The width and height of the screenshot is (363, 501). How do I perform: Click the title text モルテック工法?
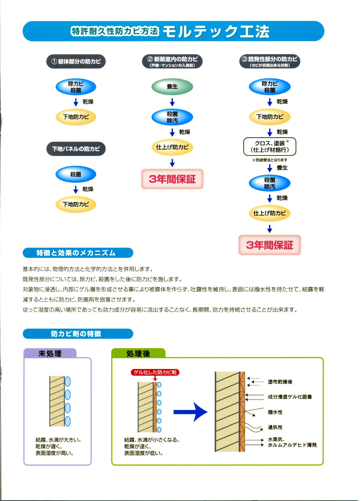click(216, 32)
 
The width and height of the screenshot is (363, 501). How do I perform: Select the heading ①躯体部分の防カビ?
click(76, 61)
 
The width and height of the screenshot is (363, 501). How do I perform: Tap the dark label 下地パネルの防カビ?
click(76, 149)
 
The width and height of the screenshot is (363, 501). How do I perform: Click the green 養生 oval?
click(172, 86)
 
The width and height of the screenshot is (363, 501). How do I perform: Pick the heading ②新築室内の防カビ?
click(172, 61)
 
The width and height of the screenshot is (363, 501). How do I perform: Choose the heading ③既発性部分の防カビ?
click(270, 61)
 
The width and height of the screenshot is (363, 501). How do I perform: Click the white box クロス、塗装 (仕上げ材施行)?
click(270, 147)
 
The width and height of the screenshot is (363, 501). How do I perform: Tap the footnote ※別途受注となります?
click(270, 160)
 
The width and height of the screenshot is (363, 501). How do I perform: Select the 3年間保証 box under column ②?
click(172, 179)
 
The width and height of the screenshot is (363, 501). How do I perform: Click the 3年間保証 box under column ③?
click(270, 245)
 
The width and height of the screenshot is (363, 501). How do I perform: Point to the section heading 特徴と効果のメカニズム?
click(78, 253)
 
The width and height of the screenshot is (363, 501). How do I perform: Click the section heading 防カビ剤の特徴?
click(78, 334)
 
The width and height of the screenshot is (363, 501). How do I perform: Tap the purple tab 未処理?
click(50, 353)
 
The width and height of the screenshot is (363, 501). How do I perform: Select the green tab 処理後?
click(138, 353)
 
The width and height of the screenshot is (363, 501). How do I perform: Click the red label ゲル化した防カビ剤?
click(155, 372)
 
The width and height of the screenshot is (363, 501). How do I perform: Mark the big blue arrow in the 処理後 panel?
click(190, 412)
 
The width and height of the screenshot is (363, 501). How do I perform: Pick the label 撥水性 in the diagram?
click(275, 412)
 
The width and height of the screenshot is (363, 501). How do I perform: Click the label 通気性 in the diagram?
click(275, 427)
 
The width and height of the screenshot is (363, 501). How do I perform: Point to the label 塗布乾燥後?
click(280, 382)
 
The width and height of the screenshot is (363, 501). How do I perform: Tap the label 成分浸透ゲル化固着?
click(290, 397)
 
